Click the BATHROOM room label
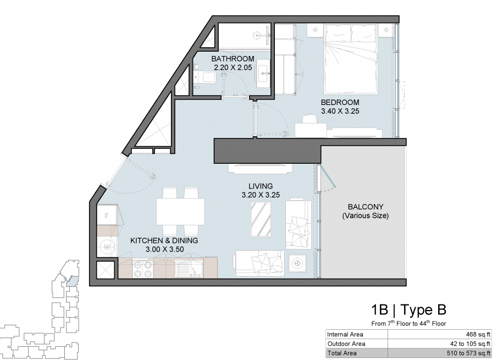(x=233, y=59)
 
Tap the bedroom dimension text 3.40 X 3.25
(x=340, y=112)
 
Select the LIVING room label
(x=261, y=186)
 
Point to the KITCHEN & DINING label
(x=164, y=241)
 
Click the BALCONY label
(x=366, y=207)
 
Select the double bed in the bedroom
(x=350, y=59)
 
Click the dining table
(x=181, y=212)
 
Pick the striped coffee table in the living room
(x=261, y=220)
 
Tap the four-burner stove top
(x=143, y=269)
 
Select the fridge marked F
(x=107, y=215)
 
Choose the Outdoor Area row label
(x=346, y=344)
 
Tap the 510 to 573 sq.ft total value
(x=469, y=353)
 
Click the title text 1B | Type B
(x=408, y=310)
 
